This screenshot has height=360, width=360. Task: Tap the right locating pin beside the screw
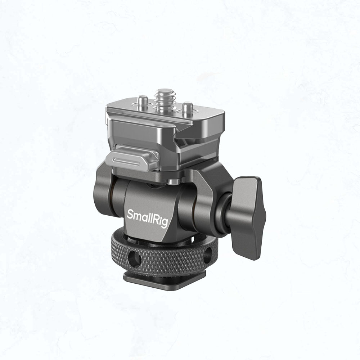188,107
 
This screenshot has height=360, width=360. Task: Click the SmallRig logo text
147,218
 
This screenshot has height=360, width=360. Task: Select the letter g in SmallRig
165,223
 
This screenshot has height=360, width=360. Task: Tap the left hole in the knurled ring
135,259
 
